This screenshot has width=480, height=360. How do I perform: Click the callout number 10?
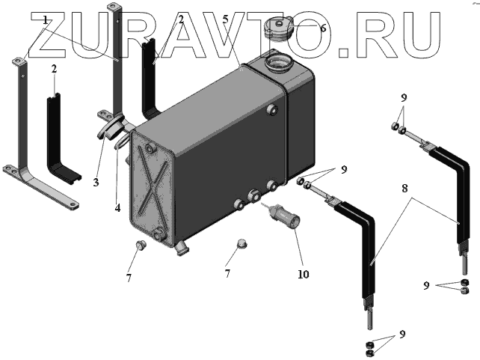[303, 274]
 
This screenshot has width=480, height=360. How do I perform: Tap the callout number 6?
[323, 28]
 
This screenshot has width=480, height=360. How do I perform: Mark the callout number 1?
[46, 20]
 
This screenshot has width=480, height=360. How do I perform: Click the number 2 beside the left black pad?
[54, 69]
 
